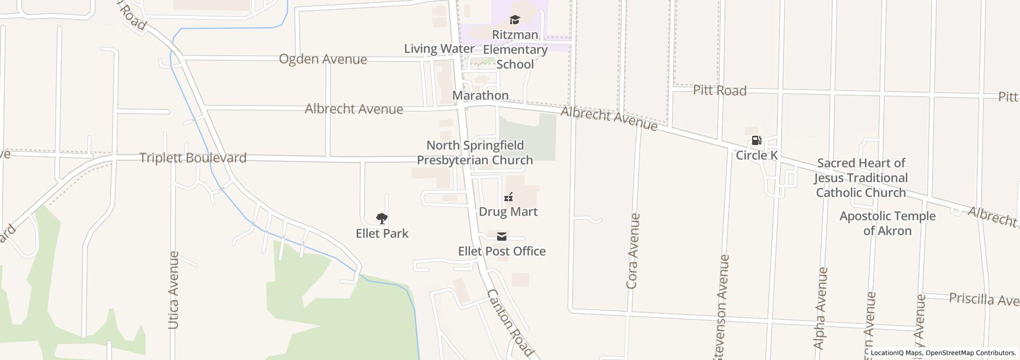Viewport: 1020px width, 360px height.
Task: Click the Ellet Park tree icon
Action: (381, 219)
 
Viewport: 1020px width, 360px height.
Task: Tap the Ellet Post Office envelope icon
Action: (501, 237)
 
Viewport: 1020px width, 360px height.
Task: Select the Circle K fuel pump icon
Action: (756, 140)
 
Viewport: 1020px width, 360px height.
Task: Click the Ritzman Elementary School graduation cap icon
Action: (515, 20)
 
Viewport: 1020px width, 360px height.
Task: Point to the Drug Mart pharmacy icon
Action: (508, 197)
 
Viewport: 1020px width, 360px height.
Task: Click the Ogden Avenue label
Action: (323, 59)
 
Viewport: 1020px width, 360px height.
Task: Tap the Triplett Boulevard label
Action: (193, 158)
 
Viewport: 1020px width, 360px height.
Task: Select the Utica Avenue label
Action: (173, 290)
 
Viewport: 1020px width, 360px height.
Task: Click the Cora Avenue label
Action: (633, 251)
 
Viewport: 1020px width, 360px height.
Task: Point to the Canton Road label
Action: (509, 323)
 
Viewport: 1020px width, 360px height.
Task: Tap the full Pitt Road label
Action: (719, 91)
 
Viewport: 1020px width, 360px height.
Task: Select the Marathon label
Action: (480, 96)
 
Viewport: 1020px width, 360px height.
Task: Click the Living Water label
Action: (439, 49)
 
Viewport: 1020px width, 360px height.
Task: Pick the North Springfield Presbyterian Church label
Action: (475, 153)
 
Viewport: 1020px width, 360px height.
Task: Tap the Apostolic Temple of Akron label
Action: (887, 223)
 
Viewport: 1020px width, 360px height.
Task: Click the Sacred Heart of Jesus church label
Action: (861, 178)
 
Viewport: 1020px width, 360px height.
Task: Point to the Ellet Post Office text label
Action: (502, 251)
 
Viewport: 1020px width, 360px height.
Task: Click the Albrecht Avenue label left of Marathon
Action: (354, 109)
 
